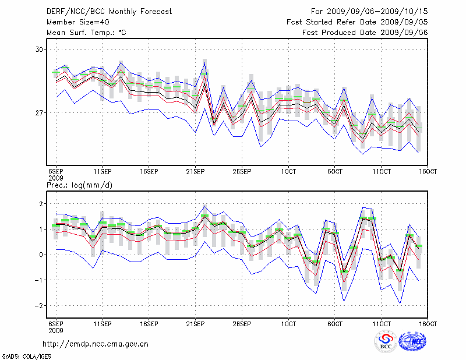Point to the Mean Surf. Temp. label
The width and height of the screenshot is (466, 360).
(x=86, y=33)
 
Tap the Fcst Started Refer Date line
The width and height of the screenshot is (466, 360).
(x=357, y=22)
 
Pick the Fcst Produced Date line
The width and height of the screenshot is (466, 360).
(x=365, y=33)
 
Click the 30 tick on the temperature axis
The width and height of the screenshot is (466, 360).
(x=40, y=50)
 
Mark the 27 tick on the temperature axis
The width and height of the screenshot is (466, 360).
(x=40, y=112)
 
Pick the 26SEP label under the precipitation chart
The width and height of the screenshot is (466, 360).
(x=242, y=323)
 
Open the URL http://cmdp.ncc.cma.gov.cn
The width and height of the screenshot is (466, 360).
(x=96, y=344)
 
